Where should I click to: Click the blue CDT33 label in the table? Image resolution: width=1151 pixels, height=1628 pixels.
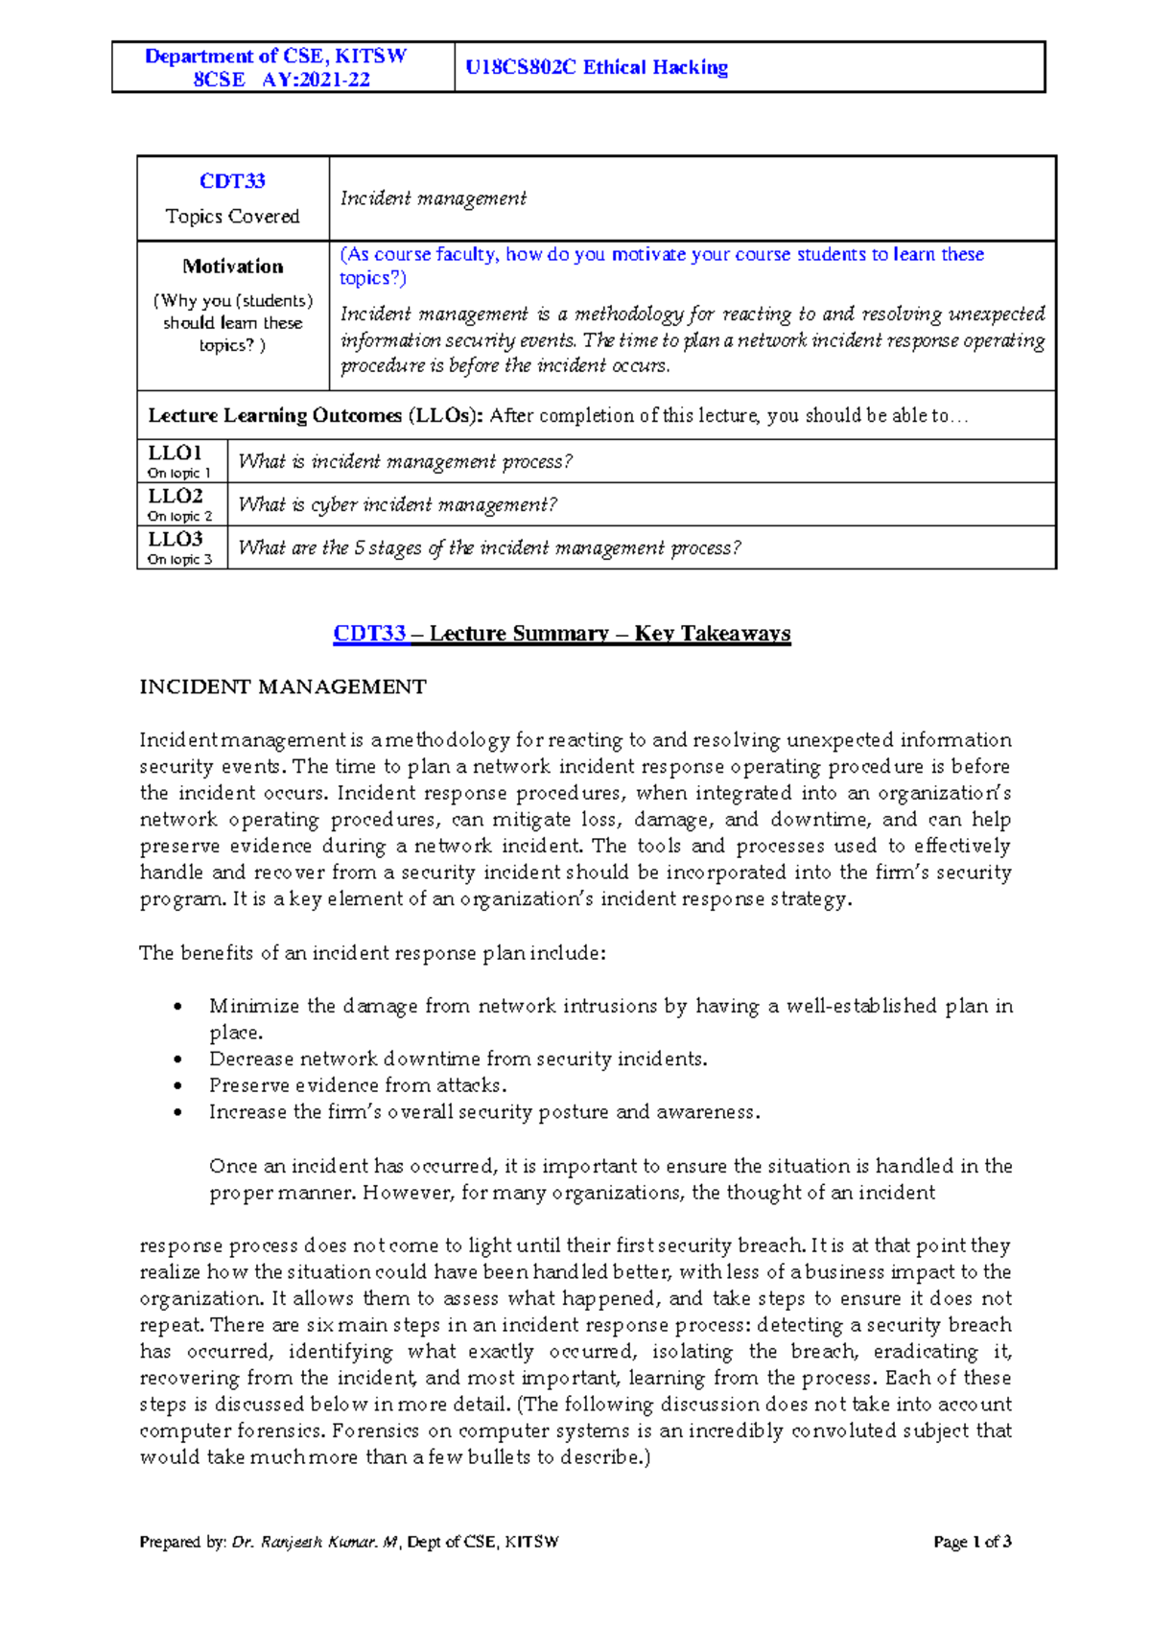coord(232,181)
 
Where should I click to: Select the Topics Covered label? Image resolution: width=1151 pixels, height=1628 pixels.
coord(232,217)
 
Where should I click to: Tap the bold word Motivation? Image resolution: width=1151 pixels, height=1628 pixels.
coord(233,267)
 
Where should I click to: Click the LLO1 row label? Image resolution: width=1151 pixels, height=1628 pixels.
coord(175,453)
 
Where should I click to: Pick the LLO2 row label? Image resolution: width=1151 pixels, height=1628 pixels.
coord(175,496)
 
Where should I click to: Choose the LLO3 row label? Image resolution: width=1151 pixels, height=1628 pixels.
coord(175,539)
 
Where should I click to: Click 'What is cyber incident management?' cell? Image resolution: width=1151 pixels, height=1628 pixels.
coord(397,504)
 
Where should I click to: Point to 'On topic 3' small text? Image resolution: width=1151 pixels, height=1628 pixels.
coord(179,560)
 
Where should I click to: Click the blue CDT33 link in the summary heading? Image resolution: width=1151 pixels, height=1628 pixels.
coord(369,634)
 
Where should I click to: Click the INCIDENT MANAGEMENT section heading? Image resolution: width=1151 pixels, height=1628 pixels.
coord(283,687)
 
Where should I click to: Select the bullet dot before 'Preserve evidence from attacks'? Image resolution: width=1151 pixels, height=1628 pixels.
coord(177,1086)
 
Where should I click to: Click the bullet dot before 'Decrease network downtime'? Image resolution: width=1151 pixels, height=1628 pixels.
coord(177,1059)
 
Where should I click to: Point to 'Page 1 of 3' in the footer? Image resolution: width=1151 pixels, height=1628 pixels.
coord(972,1542)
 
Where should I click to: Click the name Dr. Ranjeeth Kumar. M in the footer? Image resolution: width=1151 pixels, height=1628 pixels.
coord(315,1542)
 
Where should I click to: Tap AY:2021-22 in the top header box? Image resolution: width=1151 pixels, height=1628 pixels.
coord(316,80)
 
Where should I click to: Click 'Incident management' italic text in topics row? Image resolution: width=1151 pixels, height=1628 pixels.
coord(433,198)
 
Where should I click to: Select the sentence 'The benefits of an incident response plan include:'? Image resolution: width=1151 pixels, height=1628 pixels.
coord(372,953)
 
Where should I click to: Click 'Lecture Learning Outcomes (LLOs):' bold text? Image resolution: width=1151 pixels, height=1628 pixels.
coord(315,416)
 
